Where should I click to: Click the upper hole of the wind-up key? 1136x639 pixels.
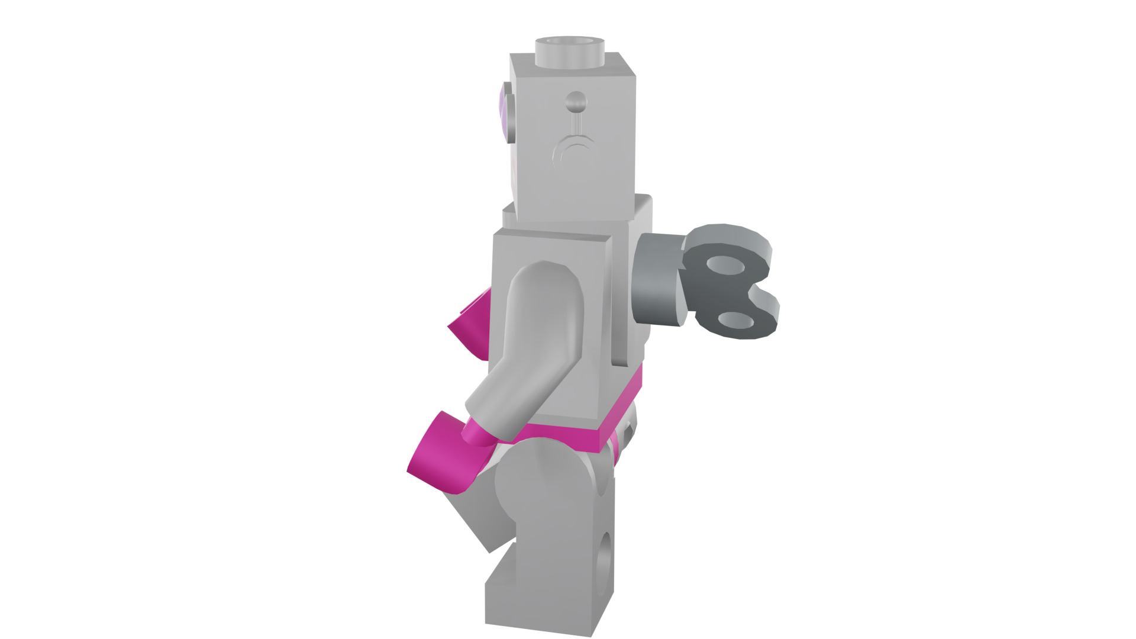point(727,266)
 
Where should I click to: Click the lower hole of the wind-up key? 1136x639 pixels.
point(737,321)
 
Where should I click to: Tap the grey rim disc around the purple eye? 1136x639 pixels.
point(511,112)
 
